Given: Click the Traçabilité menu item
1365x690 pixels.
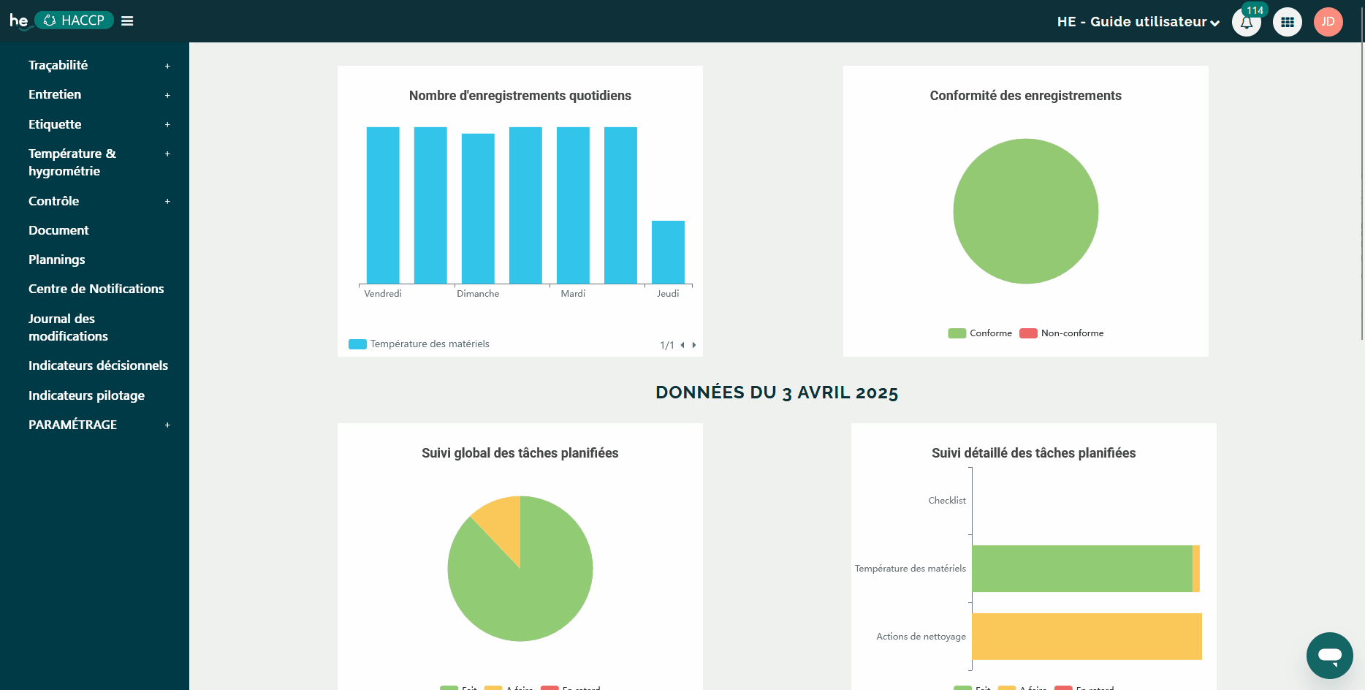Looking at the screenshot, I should (58, 65).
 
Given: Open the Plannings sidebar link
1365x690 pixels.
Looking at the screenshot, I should (56, 259).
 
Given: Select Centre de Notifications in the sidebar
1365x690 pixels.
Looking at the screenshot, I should (96, 289).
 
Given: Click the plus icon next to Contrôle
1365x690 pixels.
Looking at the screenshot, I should (167, 202).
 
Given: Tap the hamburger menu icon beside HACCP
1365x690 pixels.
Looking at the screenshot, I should (127, 21).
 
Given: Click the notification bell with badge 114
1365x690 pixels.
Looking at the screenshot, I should (1246, 22).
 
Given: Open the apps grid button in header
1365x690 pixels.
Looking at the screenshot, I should (1287, 22).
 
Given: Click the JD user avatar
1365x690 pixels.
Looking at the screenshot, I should (1328, 22).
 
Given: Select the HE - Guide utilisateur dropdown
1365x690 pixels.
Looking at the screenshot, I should (1138, 22).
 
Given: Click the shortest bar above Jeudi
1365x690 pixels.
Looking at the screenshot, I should (668, 252).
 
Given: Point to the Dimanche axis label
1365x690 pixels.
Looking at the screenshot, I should (478, 294).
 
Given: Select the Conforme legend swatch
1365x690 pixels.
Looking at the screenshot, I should (957, 333).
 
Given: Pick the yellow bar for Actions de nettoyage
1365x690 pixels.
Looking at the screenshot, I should (1087, 637).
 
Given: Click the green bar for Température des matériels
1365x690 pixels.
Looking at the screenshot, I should (1081, 569).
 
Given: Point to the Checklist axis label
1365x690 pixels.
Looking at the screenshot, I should (946, 501).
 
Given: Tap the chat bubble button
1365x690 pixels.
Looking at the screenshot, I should (1329, 655).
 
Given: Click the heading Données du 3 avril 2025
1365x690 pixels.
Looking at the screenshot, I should (777, 393).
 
